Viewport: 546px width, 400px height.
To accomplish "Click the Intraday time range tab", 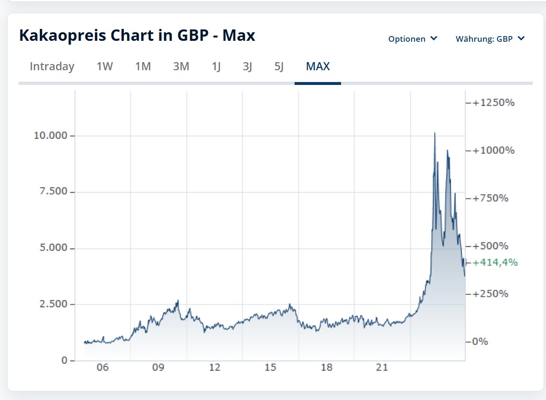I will pos(52,66).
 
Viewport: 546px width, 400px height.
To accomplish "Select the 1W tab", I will pos(105,66).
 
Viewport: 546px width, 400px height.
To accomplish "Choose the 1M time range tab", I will pos(143,66).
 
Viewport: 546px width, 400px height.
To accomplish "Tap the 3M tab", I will pos(181,66).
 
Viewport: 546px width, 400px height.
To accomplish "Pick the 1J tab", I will pos(216,66).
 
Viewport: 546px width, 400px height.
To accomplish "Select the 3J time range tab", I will pos(247,66).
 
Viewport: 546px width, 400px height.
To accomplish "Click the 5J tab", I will pos(279,66).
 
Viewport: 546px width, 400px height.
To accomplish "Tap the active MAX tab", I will pos(318,66).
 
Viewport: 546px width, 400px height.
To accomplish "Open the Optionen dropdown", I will pos(413,39).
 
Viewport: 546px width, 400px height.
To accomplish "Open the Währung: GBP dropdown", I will pos(490,39).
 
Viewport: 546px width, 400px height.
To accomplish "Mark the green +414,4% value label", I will pos(495,262).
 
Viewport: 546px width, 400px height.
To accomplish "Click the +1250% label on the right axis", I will pos(493,102).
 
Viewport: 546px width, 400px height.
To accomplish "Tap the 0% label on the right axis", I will pos(480,342).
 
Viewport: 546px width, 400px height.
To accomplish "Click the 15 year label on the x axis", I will pos(270,368).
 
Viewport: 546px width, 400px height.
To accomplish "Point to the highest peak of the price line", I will pos(435,133).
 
